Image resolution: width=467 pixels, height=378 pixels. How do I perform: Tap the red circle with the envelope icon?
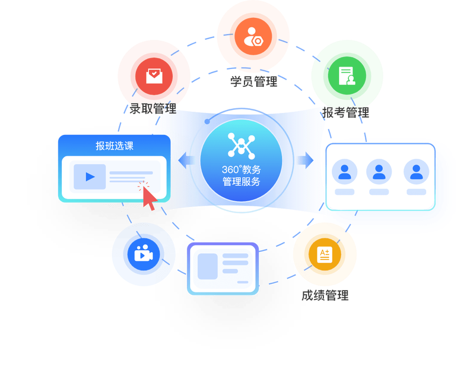point(154,75)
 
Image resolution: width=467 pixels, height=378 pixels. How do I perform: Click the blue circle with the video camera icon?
point(143,254)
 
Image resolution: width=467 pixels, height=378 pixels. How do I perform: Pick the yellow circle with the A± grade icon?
point(324,255)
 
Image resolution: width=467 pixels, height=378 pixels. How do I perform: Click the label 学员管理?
point(253,82)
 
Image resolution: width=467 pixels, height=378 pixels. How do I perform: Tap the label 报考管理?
point(346,112)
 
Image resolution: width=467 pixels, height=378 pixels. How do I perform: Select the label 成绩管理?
point(325,295)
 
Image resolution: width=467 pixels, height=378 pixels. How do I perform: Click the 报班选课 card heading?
point(114,146)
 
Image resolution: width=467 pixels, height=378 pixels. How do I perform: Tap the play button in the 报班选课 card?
point(90,177)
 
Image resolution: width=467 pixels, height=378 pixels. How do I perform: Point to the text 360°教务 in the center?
point(242,169)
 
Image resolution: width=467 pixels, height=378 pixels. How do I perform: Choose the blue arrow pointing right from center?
point(305,159)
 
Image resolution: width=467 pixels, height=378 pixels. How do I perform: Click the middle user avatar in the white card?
point(379,172)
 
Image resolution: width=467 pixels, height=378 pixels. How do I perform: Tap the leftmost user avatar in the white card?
point(344,172)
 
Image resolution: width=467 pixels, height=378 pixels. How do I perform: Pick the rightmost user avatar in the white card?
point(416,172)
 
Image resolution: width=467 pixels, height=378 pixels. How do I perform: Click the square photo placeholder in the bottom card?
point(208,266)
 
